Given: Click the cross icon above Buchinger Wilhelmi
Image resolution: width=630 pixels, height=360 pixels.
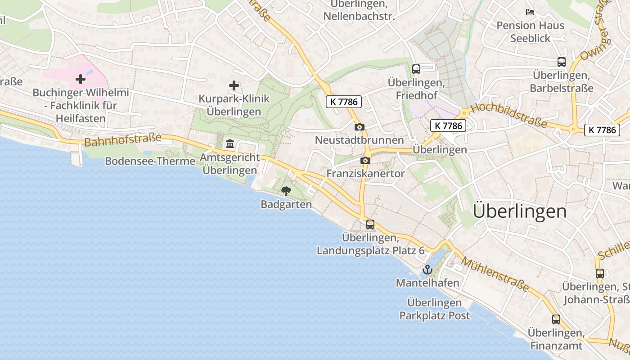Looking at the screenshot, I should (81, 80).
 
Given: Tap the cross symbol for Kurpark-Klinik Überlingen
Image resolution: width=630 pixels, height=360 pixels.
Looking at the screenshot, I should (234, 85).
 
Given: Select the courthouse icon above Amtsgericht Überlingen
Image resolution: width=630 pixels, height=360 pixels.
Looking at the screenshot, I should (230, 144).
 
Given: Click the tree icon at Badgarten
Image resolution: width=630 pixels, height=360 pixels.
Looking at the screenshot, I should (286, 191).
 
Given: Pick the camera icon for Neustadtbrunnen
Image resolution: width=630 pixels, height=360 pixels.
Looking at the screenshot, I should (359, 127).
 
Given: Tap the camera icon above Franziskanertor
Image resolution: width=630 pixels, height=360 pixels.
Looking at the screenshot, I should (365, 161).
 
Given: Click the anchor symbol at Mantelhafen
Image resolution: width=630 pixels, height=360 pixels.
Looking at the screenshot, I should (427, 270).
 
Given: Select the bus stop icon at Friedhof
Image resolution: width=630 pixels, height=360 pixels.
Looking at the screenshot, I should (416, 69).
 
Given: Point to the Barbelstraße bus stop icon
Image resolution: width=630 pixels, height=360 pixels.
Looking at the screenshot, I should (561, 62).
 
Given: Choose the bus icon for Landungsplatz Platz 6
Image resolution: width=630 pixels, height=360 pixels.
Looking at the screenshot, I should (370, 224).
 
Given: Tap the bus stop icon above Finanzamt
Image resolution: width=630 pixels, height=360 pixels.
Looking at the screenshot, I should (556, 319).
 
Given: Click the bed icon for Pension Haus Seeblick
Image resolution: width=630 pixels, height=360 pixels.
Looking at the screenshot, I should (530, 12).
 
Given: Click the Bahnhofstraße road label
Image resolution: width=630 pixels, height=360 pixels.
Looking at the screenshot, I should (122, 140).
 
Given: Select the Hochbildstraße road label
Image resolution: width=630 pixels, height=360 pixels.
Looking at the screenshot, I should (508, 115).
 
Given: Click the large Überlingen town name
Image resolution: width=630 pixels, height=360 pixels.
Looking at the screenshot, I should (520, 211).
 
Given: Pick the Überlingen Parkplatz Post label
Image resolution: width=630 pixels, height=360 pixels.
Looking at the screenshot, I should (434, 309).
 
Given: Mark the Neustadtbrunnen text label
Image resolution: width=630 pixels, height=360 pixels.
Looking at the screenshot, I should (359, 140).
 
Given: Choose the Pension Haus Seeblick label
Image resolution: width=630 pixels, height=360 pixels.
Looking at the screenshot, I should (530, 31).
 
